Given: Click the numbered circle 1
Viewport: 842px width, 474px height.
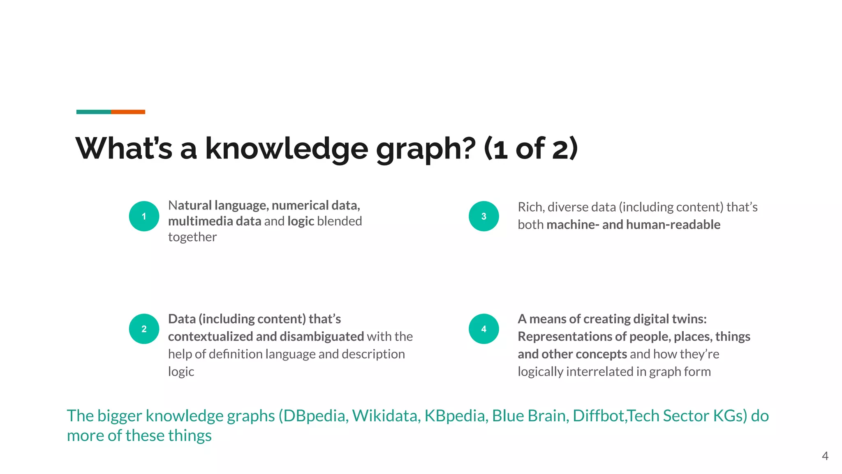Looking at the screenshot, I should pyautogui.click(x=144, y=216).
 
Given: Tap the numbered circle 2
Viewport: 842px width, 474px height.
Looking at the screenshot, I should pyautogui.click(x=144, y=329).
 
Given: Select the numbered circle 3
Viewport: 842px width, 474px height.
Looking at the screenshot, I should pyautogui.click(x=483, y=216).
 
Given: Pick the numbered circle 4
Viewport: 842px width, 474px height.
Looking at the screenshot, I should pyautogui.click(x=483, y=329).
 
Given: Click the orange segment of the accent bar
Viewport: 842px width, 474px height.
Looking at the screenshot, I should pyautogui.click(x=128, y=112).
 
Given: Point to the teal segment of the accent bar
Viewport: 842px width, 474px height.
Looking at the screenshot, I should pyautogui.click(x=93, y=112).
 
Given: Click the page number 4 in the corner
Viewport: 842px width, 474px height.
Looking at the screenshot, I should pyautogui.click(x=825, y=456).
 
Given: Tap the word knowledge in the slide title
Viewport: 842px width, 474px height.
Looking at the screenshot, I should pyautogui.click(x=286, y=149).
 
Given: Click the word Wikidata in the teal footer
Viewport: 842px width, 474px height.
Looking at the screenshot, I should pyautogui.click(x=386, y=416).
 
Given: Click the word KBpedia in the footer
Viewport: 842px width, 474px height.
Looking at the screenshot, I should pyautogui.click(x=456, y=416).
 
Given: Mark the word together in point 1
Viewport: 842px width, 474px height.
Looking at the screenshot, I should pyautogui.click(x=192, y=237).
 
